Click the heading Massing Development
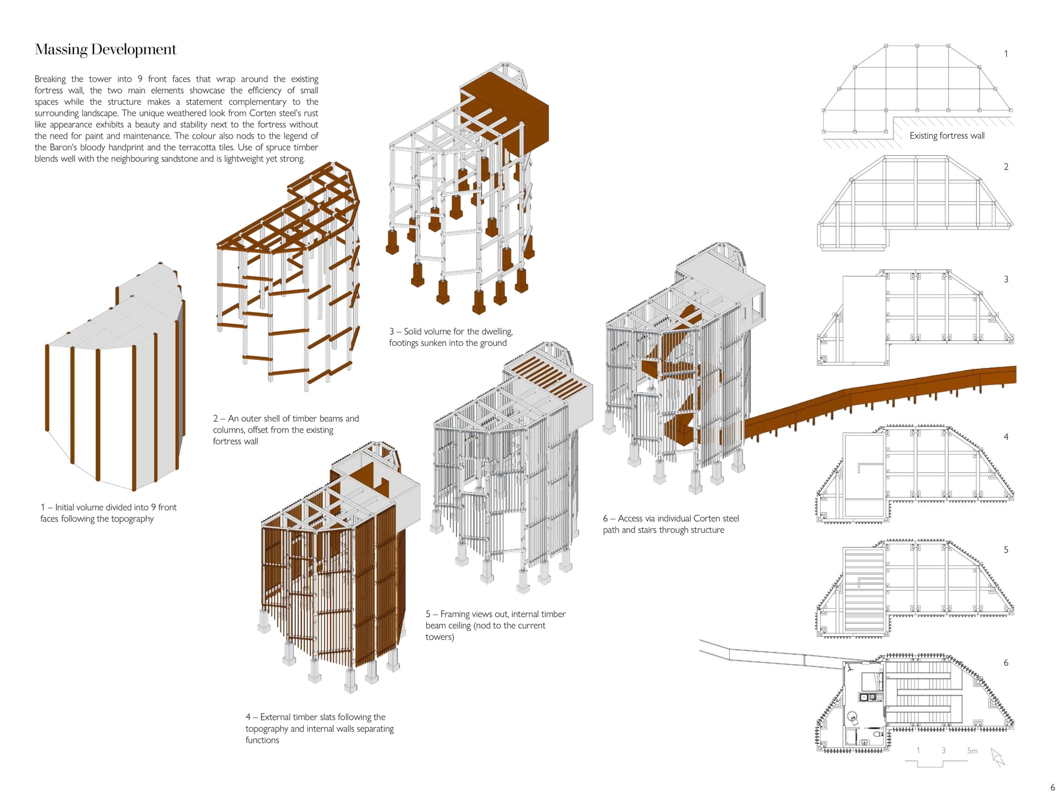click(105, 49)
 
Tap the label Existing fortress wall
click(947, 135)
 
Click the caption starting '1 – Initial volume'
click(108, 513)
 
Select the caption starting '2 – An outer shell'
click(286, 429)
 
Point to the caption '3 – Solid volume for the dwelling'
click(451, 337)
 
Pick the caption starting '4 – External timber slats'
click(319, 728)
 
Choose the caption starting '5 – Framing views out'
click(495, 625)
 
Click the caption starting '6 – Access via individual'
click(671, 524)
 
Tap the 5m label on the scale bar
click(972, 751)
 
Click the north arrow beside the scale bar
click(998, 757)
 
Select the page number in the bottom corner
click(1052, 787)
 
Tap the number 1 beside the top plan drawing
click(1006, 54)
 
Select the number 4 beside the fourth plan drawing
click(1006, 437)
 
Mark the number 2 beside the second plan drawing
click(1006, 167)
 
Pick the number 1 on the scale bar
click(918, 751)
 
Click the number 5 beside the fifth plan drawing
click(1006, 550)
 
